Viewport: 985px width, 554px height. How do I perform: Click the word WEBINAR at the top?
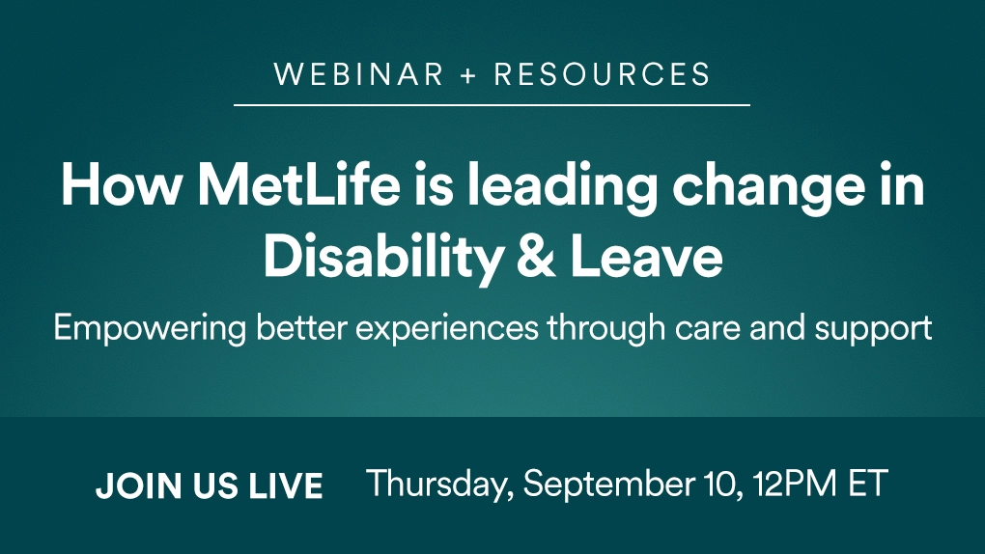[x=359, y=74]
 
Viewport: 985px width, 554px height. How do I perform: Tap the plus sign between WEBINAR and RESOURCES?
[x=468, y=75]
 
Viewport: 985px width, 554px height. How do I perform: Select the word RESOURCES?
[x=603, y=74]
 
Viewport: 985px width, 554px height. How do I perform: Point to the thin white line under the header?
[x=492, y=105]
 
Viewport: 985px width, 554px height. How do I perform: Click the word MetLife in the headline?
[x=298, y=185]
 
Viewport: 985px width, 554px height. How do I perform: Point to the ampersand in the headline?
[x=537, y=258]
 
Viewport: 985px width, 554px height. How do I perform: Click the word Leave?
[x=646, y=258]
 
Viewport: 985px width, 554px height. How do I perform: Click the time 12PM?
[x=796, y=484]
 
